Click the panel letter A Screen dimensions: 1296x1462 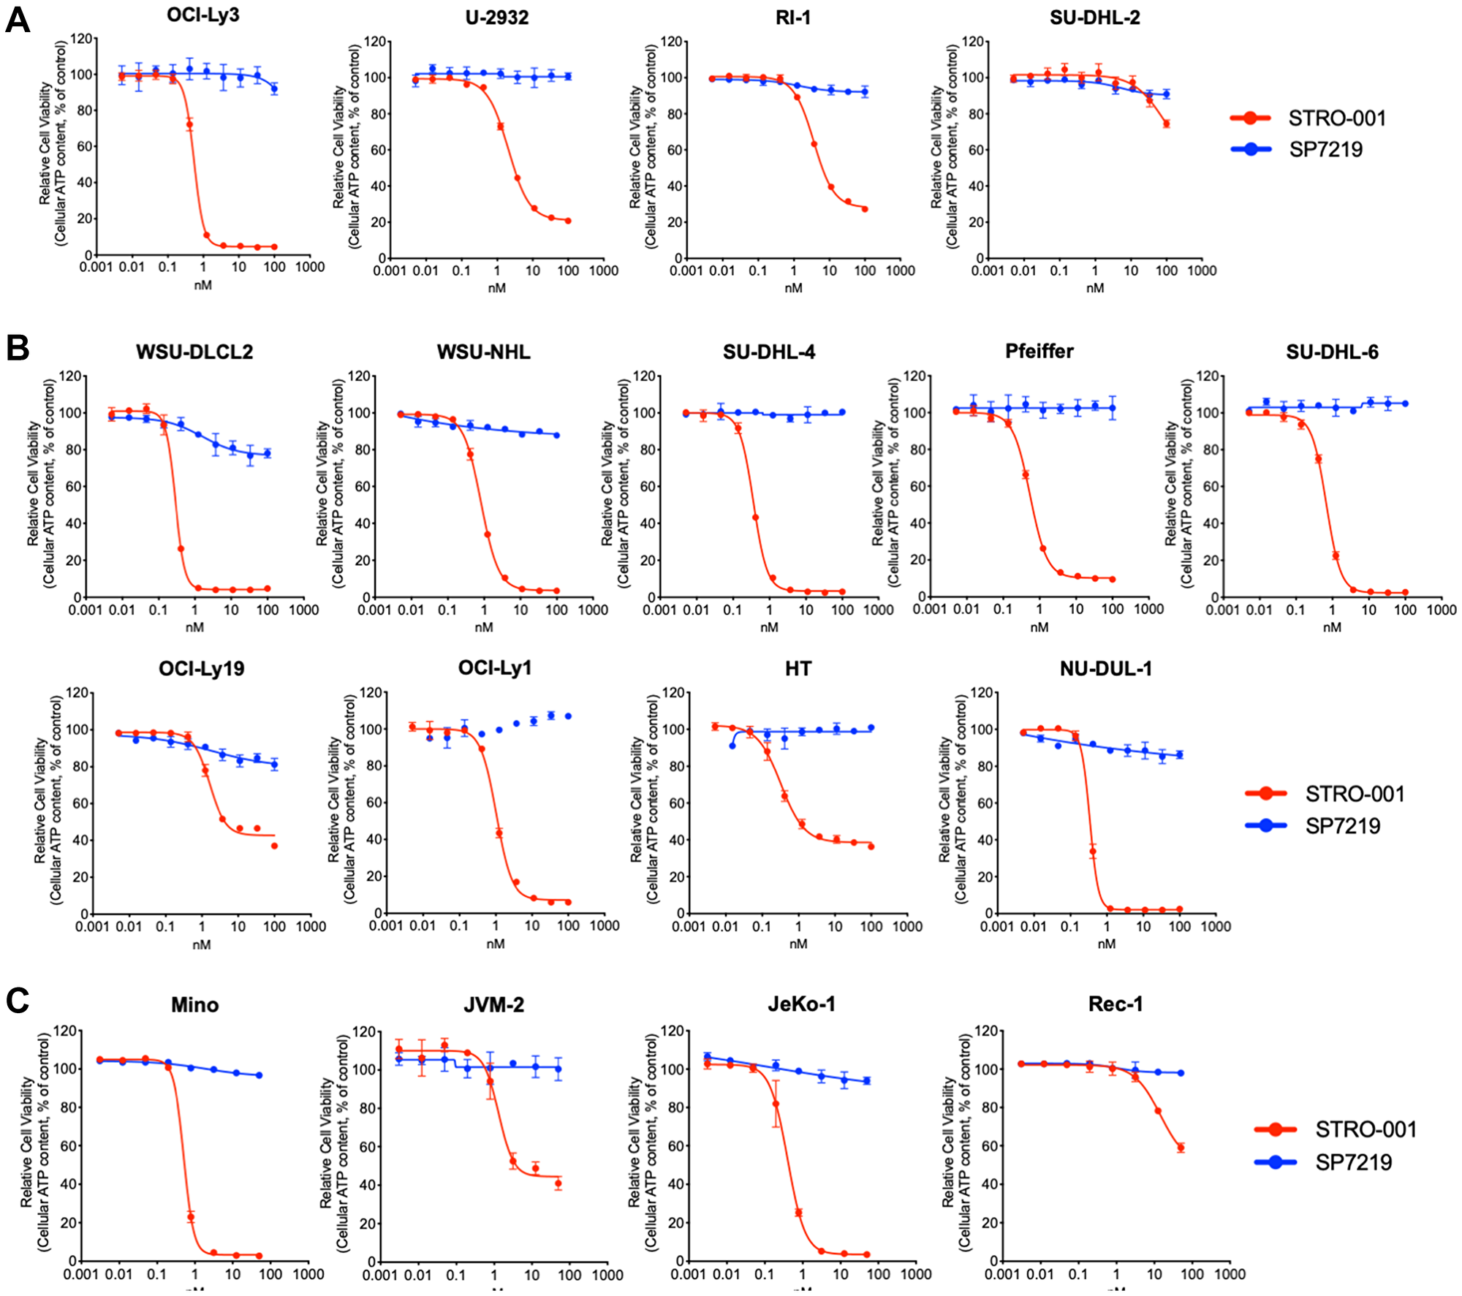pos(18,20)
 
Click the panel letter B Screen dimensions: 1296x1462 pos(18,348)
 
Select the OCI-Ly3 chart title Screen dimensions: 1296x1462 pos(202,15)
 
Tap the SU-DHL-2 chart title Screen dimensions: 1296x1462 pos(1094,18)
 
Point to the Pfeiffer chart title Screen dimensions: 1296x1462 pos(1039,351)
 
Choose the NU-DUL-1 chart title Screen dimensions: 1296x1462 pos(1105,668)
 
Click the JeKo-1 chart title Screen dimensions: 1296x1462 pos(801,1004)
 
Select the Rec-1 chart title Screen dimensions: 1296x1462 pos(1115,1004)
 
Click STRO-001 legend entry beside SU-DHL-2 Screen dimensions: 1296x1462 pos(1308,118)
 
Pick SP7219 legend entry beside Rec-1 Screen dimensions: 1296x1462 pos(1323,1162)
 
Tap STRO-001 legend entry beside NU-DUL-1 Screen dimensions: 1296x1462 pos(1325,793)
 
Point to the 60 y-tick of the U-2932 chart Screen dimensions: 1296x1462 pos(377,150)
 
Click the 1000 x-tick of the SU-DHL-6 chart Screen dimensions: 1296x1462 pos(1441,610)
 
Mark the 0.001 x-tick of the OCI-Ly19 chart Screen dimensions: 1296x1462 pos(93,927)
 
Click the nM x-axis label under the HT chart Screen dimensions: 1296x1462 pos(798,944)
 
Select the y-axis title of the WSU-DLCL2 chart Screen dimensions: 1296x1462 pos(41,482)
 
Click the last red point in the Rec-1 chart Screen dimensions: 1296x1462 pos(1180,1148)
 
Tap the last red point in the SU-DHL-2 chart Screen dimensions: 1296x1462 pos(1166,124)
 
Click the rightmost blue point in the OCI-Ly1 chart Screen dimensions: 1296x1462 pos(568,716)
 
